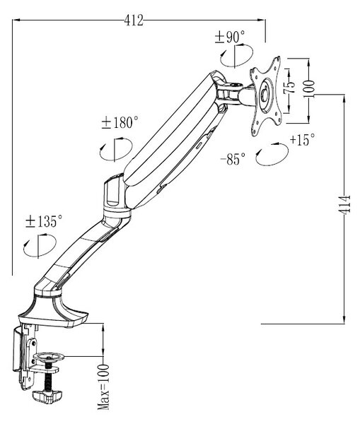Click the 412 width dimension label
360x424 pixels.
[134, 20]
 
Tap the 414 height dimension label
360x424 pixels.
[345, 204]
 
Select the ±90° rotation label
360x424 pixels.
[230, 37]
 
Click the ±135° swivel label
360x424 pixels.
[44, 221]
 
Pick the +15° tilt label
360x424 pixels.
[302, 139]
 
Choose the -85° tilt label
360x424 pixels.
[233, 158]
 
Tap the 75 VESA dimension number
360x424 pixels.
[289, 87]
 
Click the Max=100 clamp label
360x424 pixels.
[103, 387]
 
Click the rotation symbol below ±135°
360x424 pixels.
[40, 245]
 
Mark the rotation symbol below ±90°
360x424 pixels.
[236, 56]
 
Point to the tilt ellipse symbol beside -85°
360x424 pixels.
[272, 154]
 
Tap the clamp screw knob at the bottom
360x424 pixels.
[47, 396]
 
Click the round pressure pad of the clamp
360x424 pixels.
[49, 357]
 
